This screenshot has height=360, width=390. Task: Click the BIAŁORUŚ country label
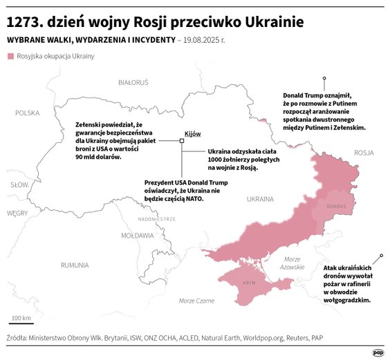(x=133, y=82)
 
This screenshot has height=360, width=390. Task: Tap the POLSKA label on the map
(x=28, y=113)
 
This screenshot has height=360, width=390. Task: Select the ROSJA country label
(x=363, y=153)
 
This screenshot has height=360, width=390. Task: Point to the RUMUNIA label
(x=74, y=265)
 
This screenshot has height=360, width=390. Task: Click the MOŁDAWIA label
(x=137, y=236)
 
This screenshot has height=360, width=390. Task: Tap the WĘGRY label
(x=17, y=214)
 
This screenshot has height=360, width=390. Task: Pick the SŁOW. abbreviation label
(x=19, y=184)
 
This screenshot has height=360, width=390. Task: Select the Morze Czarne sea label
(x=196, y=301)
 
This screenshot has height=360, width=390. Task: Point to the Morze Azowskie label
(x=292, y=263)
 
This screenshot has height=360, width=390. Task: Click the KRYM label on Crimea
(x=250, y=283)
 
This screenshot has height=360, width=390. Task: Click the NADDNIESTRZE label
(x=156, y=218)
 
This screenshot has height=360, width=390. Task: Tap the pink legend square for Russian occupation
(x=10, y=55)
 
